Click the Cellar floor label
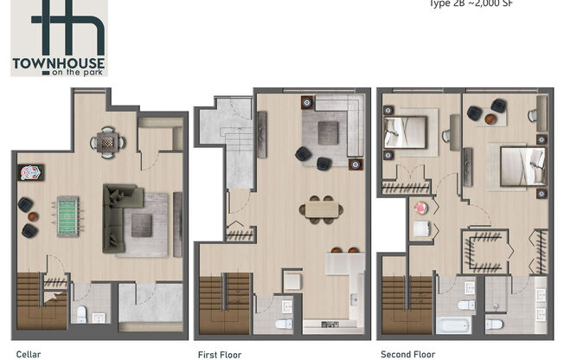click(28, 354)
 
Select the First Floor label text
click(218, 354)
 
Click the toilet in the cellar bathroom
click(80, 312)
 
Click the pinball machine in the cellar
click(26, 171)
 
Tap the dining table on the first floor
click(322, 209)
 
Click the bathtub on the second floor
click(452, 325)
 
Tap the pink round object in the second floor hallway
click(422, 209)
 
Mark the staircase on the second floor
click(407, 303)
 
